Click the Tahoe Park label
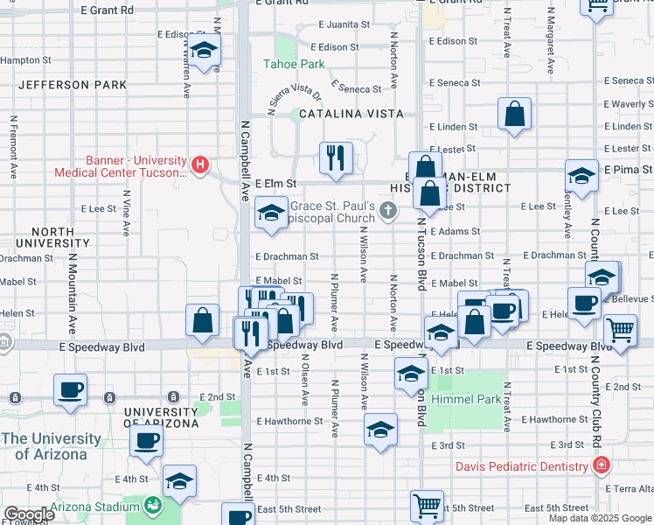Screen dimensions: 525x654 point(295,64)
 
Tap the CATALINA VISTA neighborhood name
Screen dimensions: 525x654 point(351,114)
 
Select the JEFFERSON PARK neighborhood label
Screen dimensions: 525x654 point(72,85)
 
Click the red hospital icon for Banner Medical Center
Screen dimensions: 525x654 point(200,164)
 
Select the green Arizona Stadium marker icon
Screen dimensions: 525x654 point(153,505)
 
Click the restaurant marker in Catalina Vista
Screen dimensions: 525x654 point(336,157)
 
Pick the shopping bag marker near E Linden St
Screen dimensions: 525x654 point(515,114)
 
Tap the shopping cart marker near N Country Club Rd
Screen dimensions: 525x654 point(620,332)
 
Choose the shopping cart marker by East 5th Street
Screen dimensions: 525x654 point(427,505)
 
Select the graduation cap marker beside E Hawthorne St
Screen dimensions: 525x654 point(380,430)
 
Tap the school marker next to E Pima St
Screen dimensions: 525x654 point(581,176)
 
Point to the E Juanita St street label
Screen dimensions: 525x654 point(347,25)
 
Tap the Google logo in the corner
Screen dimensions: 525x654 point(28,514)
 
